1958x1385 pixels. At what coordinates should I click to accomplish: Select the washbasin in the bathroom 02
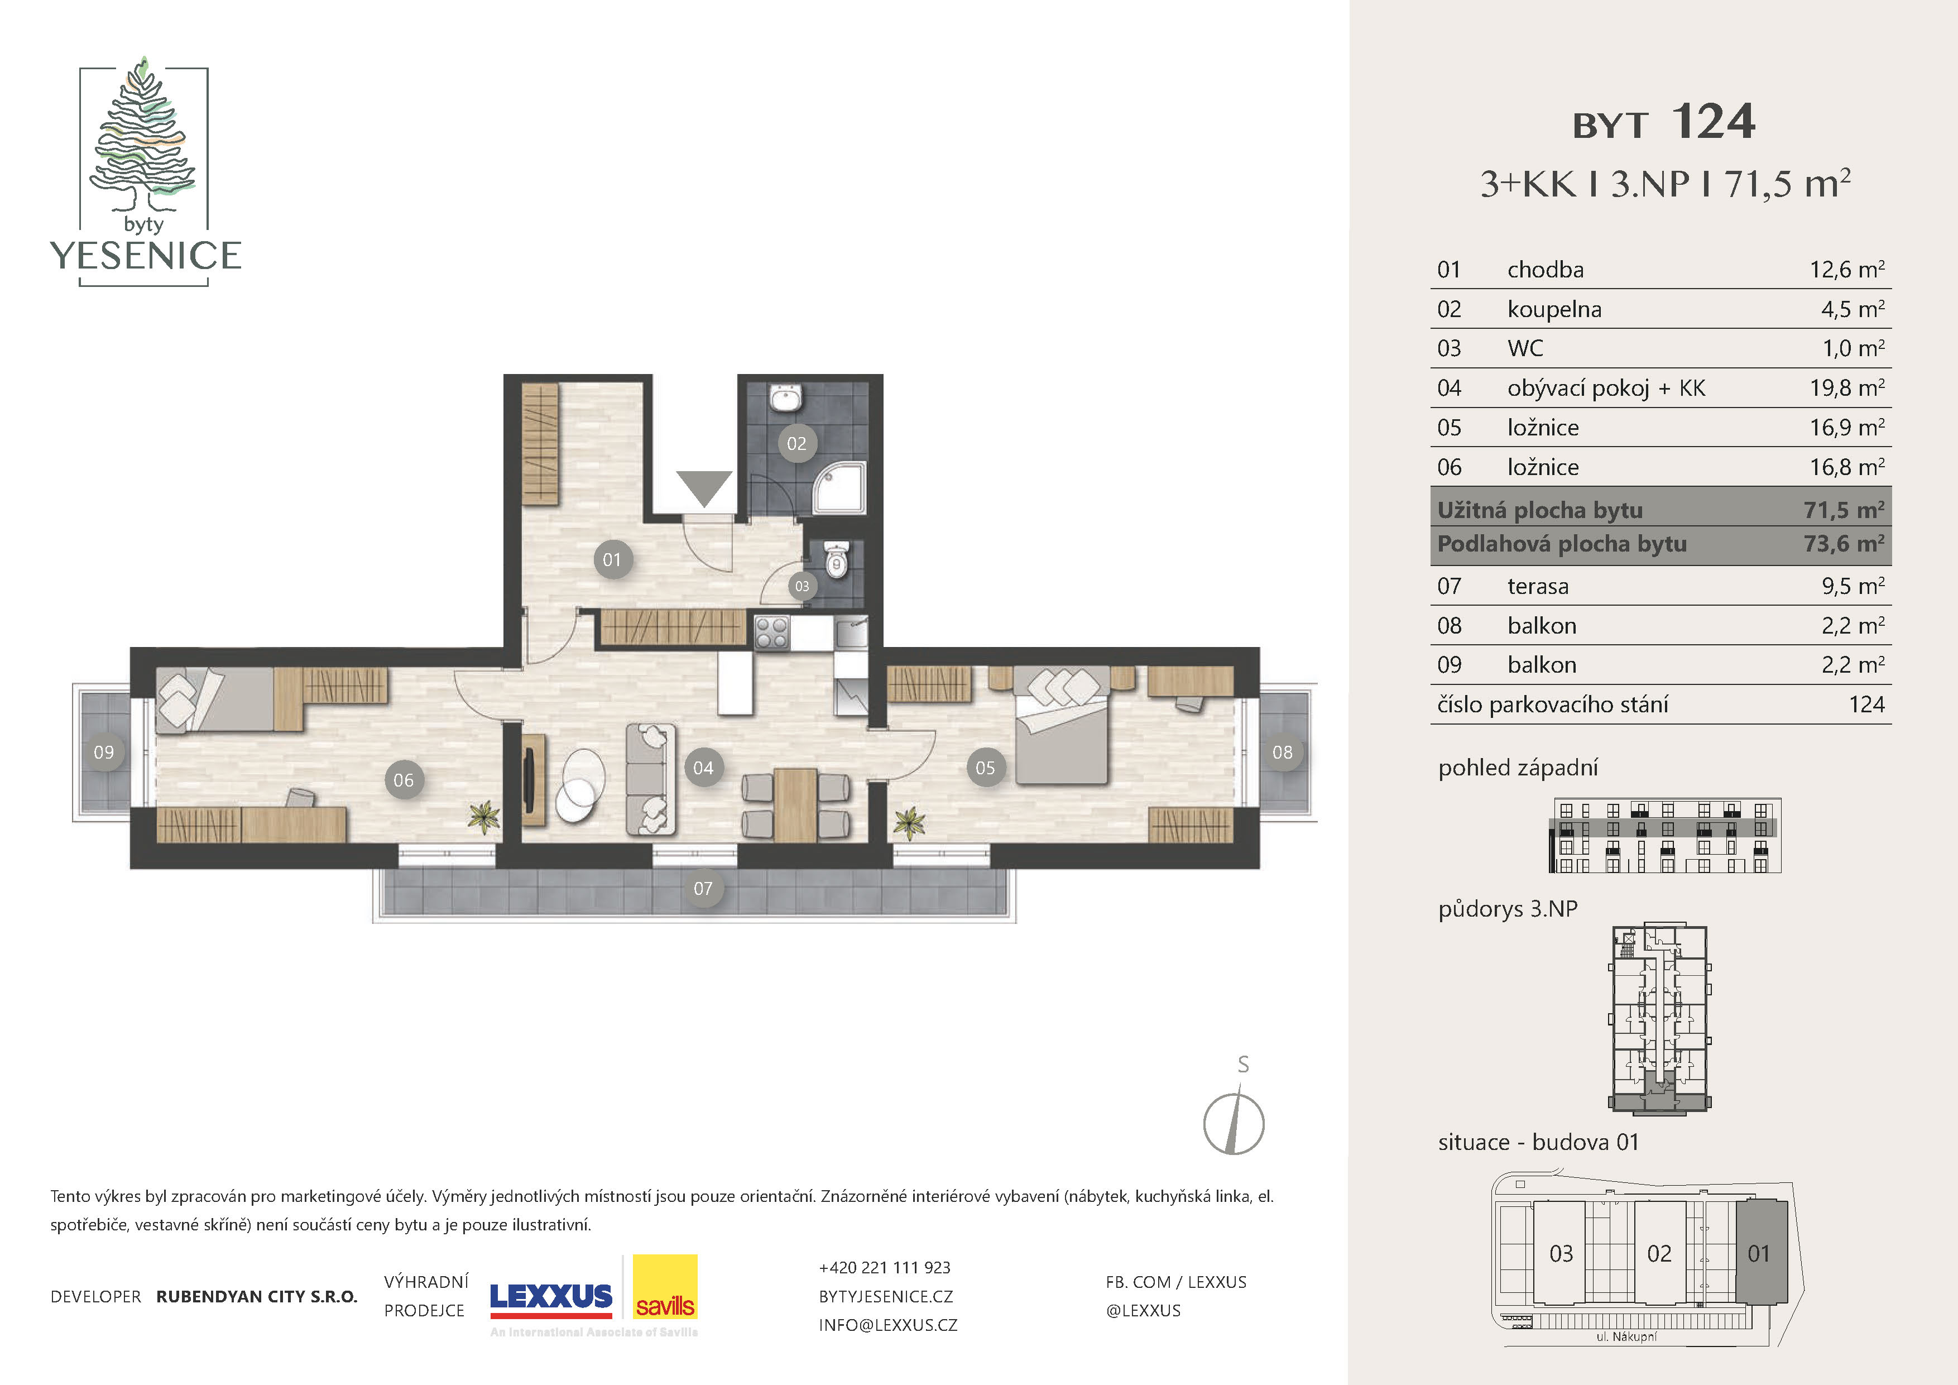point(785,397)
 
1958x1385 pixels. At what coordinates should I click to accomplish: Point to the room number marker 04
point(703,768)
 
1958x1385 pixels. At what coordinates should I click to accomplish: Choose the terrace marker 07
point(703,889)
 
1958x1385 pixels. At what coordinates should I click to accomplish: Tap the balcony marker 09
point(104,752)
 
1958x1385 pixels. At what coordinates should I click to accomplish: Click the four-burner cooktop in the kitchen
point(772,634)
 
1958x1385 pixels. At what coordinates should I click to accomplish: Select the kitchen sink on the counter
point(850,633)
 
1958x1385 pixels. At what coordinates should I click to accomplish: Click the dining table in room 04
point(796,804)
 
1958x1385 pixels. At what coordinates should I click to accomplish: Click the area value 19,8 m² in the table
point(1847,388)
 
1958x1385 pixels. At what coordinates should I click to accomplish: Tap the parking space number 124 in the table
point(1867,705)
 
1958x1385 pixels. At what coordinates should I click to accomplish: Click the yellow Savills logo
point(665,1288)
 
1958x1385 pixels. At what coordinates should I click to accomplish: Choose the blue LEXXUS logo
point(551,1298)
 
